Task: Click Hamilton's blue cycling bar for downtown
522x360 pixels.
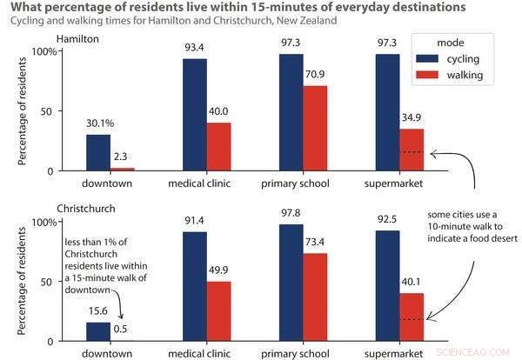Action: (x=97, y=153)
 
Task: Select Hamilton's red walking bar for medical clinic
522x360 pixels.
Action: (x=219, y=147)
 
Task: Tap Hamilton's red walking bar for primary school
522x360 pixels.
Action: (x=316, y=129)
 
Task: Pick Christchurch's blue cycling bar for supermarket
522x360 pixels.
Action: (x=388, y=285)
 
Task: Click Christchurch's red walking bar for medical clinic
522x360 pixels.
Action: (x=219, y=311)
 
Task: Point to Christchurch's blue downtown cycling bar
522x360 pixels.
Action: (x=97, y=331)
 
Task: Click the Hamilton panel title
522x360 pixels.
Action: (x=77, y=40)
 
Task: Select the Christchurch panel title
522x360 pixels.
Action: (x=87, y=210)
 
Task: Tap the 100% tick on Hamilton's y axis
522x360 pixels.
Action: (x=43, y=51)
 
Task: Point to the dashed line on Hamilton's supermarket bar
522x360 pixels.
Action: (x=412, y=152)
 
